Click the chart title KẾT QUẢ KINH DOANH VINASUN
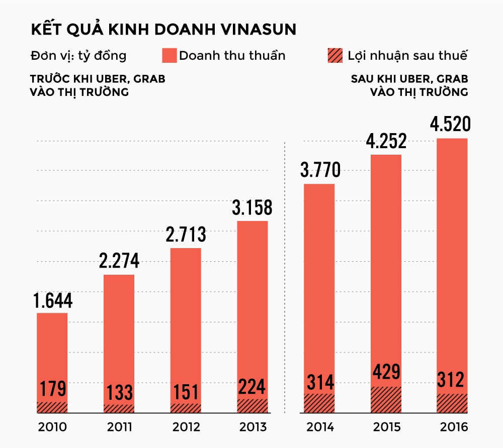pyautogui.click(x=163, y=29)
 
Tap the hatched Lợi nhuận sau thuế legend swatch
pyautogui.click(x=334, y=55)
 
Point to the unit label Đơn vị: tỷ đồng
pyautogui.click(x=78, y=55)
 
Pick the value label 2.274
pyautogui.click(x=119, y=262)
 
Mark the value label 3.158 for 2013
pyautogui.click(x=252, y=208)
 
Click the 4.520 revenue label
pyautogui.click(x=452, y=125)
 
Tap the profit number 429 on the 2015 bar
pyautogui.click(x=386, y=372)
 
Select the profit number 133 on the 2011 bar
pyautogui.click(x=119, y=392)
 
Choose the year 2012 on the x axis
pyautogui.click(x=186, y=428)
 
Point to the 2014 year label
pyautogui.click(x=319, y=428)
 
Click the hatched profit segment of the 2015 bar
pyautogui.click(x=386, y=400)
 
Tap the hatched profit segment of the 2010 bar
pyautogui.click(x=52, y=407)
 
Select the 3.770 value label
pyautogui.click(x=320, y=171)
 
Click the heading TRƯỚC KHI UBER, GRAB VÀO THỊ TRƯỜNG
pyautogui.click(x=97, y=86)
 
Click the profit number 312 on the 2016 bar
pyautogui.click(x=452, y=380)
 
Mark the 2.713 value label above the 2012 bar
pyautogui.click(x=186, y=235)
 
